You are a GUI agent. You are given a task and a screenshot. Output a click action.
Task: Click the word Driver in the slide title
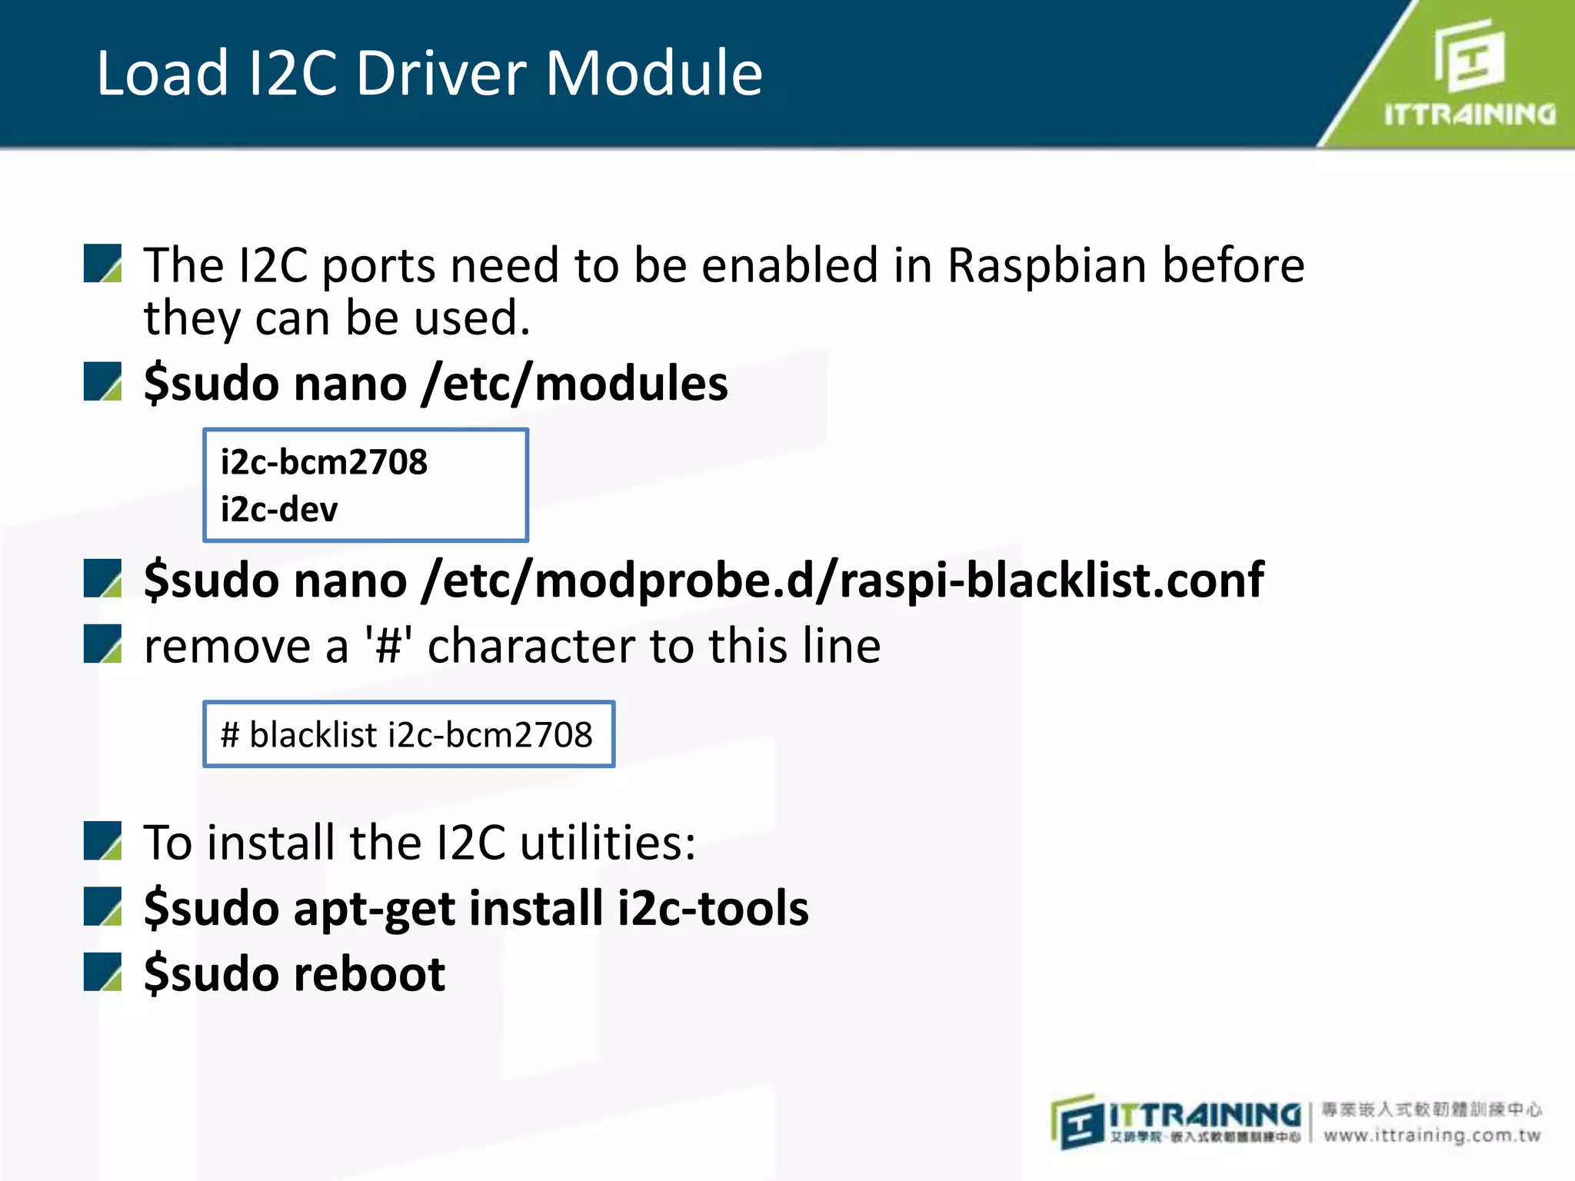point(442,73)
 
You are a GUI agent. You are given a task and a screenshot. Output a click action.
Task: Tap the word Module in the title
point(654,73)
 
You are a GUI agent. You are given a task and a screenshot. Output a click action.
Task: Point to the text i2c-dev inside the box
point(279,510)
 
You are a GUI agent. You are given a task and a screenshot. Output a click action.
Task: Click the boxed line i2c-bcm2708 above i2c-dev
point(324,462)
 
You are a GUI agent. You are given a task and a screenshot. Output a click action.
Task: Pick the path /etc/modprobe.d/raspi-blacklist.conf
point(842,580)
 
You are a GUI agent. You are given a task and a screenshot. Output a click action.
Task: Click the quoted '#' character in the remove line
point(388,646)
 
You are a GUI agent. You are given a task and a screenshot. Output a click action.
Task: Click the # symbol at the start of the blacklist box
point(230,735)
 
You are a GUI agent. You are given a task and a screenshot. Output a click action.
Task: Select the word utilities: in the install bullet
point(608,843)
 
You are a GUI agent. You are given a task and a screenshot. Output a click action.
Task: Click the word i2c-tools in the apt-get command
point(713,909)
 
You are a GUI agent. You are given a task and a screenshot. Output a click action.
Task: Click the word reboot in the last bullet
point(370,974)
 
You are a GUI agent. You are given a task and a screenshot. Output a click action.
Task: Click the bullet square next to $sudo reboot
point(103,972)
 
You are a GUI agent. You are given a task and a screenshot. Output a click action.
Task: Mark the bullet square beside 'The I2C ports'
point(103,264)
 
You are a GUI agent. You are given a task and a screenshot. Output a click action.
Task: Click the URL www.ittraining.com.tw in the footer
point(1432,1135)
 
